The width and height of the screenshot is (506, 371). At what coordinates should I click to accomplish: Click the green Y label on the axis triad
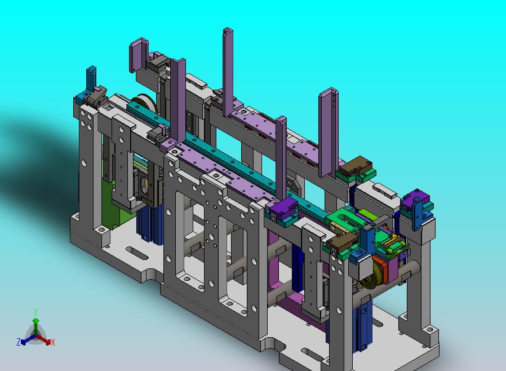(x=35, y=312)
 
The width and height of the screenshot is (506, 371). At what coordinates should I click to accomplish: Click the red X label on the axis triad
(x=53, y=342)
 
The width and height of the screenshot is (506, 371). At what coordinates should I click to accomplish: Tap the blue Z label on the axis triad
(x=19, y=342)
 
